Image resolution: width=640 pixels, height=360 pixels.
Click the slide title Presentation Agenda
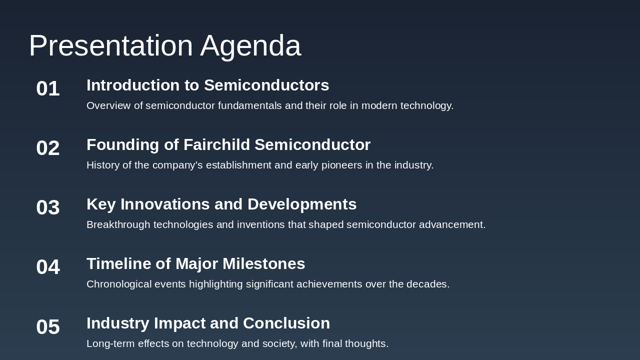click(164, 45)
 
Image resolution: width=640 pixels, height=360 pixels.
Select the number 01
click(48, 89)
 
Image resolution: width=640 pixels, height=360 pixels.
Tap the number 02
click(48, 148)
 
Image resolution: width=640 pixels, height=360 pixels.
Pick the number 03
click(48, 208)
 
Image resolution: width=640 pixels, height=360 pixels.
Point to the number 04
click(48, 267)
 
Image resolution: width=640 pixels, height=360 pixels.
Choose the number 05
click(48, 327)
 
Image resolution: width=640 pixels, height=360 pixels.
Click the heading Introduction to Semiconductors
click(207, 85)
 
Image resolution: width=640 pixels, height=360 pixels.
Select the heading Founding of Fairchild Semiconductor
click(228, 145)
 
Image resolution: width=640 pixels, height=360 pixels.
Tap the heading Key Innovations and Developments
click(221, 204)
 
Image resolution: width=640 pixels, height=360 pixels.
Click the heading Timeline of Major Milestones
click(195, 264)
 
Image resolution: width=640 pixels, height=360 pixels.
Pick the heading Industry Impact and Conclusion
click(208, 323)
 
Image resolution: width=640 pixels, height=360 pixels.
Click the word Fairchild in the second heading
click(216, 145)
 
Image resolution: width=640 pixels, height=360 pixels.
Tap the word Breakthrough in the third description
click(118, 225)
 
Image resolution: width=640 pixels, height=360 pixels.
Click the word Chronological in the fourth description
click(119, 284)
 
